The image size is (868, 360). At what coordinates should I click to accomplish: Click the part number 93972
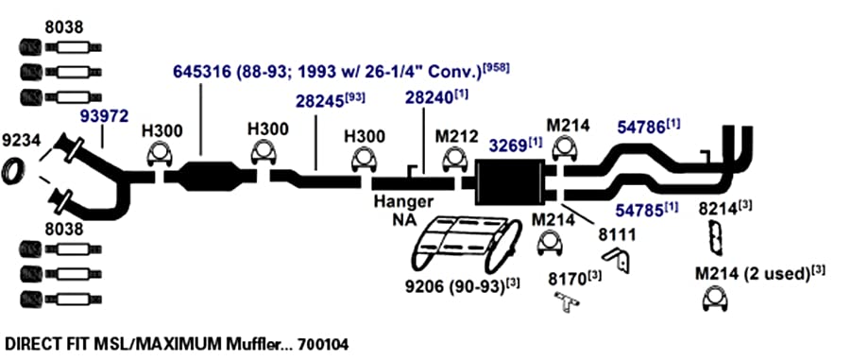[x=105, y=116]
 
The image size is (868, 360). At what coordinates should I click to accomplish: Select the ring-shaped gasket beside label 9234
[x=13, y=171]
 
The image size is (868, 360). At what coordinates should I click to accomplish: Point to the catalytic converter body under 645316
[x=212, y=176]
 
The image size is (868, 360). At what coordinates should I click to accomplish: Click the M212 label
[x=457, y=137]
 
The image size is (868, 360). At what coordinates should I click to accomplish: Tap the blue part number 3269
[x=506, y=146]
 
